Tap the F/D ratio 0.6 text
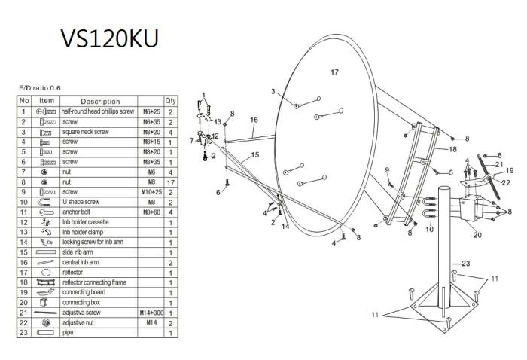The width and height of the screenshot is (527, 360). click(x=39, y=88)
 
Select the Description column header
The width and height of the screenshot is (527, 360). click(x=100, y=101)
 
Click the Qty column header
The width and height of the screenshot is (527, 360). click(x=171, y=101)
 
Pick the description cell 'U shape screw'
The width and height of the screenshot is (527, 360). click(x=82, y=202)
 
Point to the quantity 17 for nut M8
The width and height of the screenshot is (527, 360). click(x=171, y=182)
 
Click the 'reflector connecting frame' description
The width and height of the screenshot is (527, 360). click(x=93, y=282)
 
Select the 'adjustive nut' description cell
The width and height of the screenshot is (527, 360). click(x=79, y=322)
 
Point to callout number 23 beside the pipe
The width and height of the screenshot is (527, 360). click(x=466, y=263)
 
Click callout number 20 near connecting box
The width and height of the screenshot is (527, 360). click(x=477, y=234)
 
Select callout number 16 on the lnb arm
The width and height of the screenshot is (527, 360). click(x=254, y=120)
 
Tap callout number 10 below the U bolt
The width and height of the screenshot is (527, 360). click(x=429, y=229)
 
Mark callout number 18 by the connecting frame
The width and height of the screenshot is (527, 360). click(x=452, y=149)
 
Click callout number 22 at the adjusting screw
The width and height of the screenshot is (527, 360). click(x=505, y=182)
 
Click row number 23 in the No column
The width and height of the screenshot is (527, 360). click(x=25, y=332)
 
